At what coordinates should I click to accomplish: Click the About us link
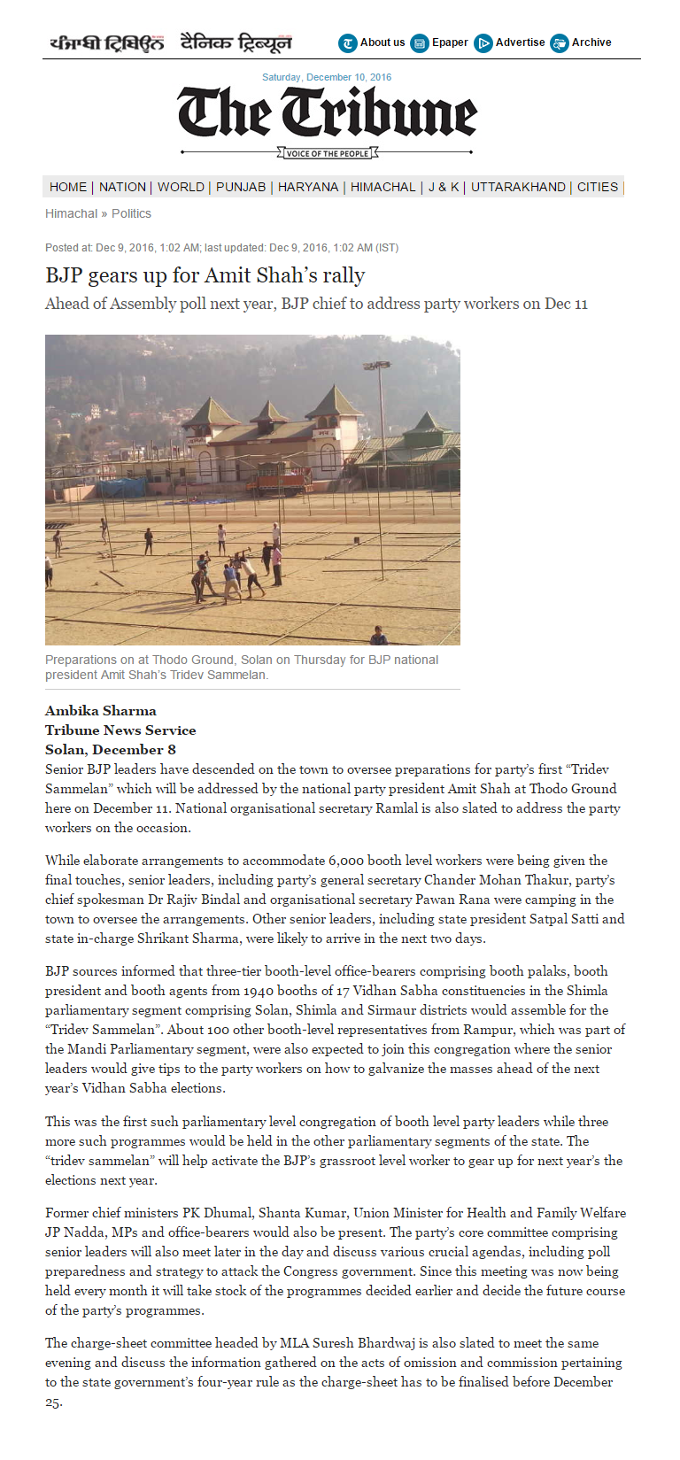[x=382, y=42]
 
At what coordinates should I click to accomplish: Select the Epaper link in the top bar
[x=450, y=42]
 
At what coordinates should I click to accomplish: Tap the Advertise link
[x=520, y=42]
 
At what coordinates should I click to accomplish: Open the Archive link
[x=591, y=42]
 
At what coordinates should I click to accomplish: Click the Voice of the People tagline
[x=328, y=153]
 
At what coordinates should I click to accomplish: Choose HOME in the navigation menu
[x=68, y=187]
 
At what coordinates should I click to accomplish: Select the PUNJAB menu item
[x=241, y=187]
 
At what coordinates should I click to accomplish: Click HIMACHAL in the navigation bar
[x=382, y=187]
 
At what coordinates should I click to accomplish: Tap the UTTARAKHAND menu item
[x=518, y=187]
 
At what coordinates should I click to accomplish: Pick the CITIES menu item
[x=598, y=187]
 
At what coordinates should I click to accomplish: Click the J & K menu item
[x=444, y=187]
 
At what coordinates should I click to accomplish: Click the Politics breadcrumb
[x=131, y=213]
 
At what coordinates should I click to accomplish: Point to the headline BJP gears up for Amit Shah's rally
[x=205, y=275]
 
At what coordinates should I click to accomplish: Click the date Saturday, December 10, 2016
[x=327, y=77]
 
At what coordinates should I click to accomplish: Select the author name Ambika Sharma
[x=101, y=710]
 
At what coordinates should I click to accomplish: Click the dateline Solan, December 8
[x=111, y=749]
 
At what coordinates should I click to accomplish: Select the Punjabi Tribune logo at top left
[x=106, y=42]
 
